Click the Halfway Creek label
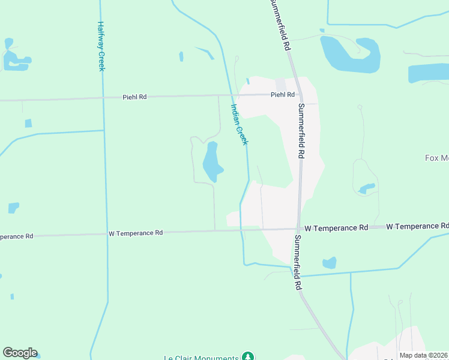[101, 47]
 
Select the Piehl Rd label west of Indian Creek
[134, 97]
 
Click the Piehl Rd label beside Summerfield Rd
[282, 95]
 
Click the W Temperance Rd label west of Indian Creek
[136, 233]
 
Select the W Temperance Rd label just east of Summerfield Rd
[336, 228]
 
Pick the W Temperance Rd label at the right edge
[417, 226]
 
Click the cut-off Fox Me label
[436, 158]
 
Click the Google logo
[20, 353]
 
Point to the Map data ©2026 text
[423, 355]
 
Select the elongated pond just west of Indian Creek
[211, 161]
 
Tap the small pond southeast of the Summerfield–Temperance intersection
[329, 263]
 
